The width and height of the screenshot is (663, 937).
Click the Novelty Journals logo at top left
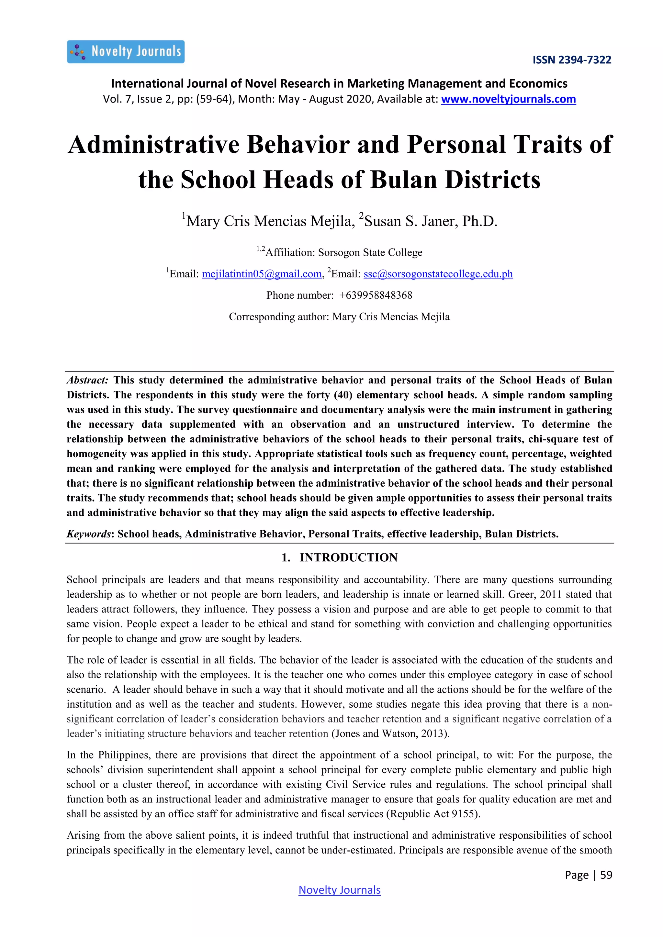click(x=126, y=52)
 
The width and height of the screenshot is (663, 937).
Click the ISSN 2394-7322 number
click(x=572, y=60)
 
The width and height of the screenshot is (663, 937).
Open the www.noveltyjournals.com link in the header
click(x=508, y=99)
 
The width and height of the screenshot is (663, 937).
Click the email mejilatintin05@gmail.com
click(x=262, y=274)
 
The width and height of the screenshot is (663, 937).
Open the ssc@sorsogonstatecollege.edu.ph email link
click(x=438, y=274)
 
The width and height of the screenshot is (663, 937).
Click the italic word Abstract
click(x=87, y=380)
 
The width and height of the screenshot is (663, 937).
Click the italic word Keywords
click(x=89, y=534)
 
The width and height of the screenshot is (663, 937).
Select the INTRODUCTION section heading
click(x=348, y=557)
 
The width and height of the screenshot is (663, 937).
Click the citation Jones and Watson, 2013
click(x=390, y=734)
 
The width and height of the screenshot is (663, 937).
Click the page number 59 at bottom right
click(x=606, y=875)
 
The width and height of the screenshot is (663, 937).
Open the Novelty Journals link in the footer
click(x=339, y=890)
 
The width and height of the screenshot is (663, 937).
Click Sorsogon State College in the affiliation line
click(x=370, y=253)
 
